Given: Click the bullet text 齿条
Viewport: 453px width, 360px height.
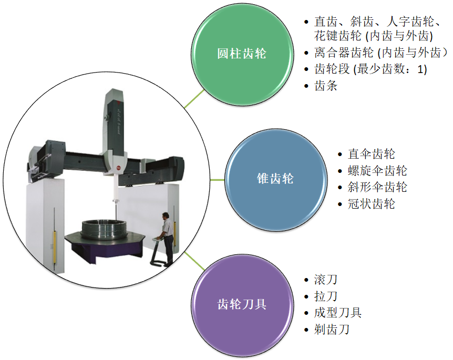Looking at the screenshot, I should [x=325, y=86].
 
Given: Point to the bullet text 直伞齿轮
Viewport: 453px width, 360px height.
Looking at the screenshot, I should [x=371, y=154].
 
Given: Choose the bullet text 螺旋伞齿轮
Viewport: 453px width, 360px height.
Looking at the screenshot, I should [x=377, y=171].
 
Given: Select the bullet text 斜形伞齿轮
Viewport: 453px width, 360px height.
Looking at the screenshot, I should [x=377, y=187].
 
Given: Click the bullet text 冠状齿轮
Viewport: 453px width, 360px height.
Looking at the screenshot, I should [x=371, y=204].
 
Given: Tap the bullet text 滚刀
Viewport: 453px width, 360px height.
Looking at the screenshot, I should [x=325, y=280].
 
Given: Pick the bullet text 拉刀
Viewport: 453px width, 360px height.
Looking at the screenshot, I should [x=325, y=296].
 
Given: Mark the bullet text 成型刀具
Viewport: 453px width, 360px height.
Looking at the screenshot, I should [x=337, y=313].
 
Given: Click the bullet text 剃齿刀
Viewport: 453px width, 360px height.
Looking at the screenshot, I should [x=332, y=330].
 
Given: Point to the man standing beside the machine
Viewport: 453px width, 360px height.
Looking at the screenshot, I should [x=167, y=236].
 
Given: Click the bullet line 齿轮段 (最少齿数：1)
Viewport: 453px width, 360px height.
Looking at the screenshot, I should [x=370, y=69].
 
